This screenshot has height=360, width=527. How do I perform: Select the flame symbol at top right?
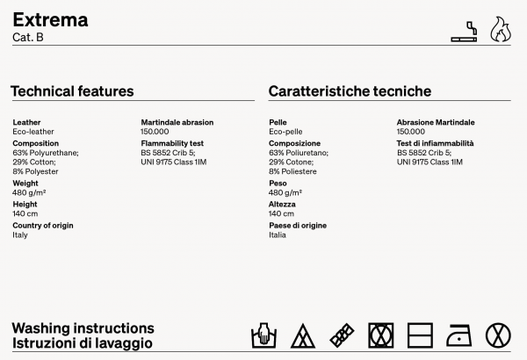499,29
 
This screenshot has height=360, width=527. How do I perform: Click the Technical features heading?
72,91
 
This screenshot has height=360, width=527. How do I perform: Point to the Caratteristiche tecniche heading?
350,91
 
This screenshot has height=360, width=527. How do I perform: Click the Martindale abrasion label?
177,122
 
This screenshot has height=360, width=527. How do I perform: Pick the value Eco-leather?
33,131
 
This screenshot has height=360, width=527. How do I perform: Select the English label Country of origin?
42,226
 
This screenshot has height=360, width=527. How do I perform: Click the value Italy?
20,234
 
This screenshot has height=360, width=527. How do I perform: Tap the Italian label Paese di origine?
298,226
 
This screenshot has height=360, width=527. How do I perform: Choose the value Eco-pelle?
286,131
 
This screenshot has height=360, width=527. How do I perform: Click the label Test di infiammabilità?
435,143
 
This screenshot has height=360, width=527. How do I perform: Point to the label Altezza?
282,205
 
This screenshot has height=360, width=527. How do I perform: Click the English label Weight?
25,184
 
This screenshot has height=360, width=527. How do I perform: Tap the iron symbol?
458,335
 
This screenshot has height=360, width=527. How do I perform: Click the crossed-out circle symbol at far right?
498,335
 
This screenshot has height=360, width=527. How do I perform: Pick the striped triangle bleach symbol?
303,335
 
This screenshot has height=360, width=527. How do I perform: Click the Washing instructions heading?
83,328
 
